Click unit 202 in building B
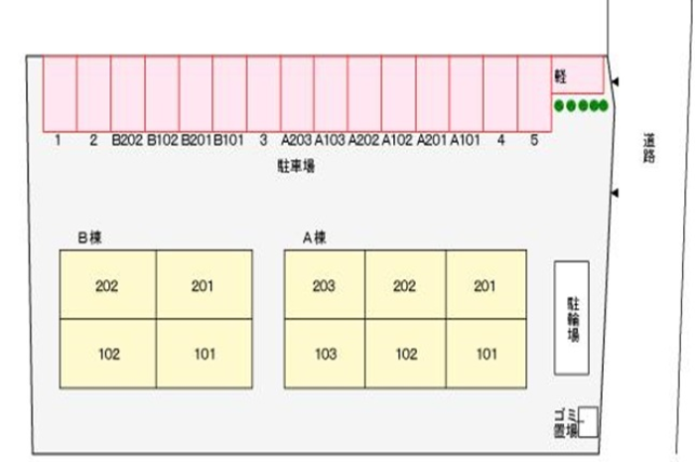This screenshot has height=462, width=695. (x=107, y=287)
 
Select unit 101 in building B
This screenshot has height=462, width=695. (x=204, y=354)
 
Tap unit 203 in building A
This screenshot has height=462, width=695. (x=324, y=287)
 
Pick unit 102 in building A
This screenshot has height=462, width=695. (x=405, y=354)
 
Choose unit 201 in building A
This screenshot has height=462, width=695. (x=486, y=287)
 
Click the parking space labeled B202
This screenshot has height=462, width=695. (x=128, y=94)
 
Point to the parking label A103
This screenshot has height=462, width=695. (x=330, y=141)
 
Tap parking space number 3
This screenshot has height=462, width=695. (x=263, y=94)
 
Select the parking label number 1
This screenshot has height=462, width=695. (x=59, y=141)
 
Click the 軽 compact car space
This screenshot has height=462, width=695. (x=577, y=75)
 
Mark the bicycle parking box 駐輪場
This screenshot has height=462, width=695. (x=572, y=317)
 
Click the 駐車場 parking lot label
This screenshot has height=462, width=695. (x=296, y=167)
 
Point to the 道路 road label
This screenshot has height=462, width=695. (x=649, y=150)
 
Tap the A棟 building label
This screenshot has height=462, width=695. (x=315, y=236)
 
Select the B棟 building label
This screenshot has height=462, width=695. (x=90, y=236)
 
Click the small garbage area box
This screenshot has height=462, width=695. (x=588, y=421)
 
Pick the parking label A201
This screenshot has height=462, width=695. (x=432, y=141)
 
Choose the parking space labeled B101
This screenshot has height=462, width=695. (x=229, y=94)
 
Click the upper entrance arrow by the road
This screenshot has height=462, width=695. (x=615, y=82)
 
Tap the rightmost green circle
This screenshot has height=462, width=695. (x=602, y=106)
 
